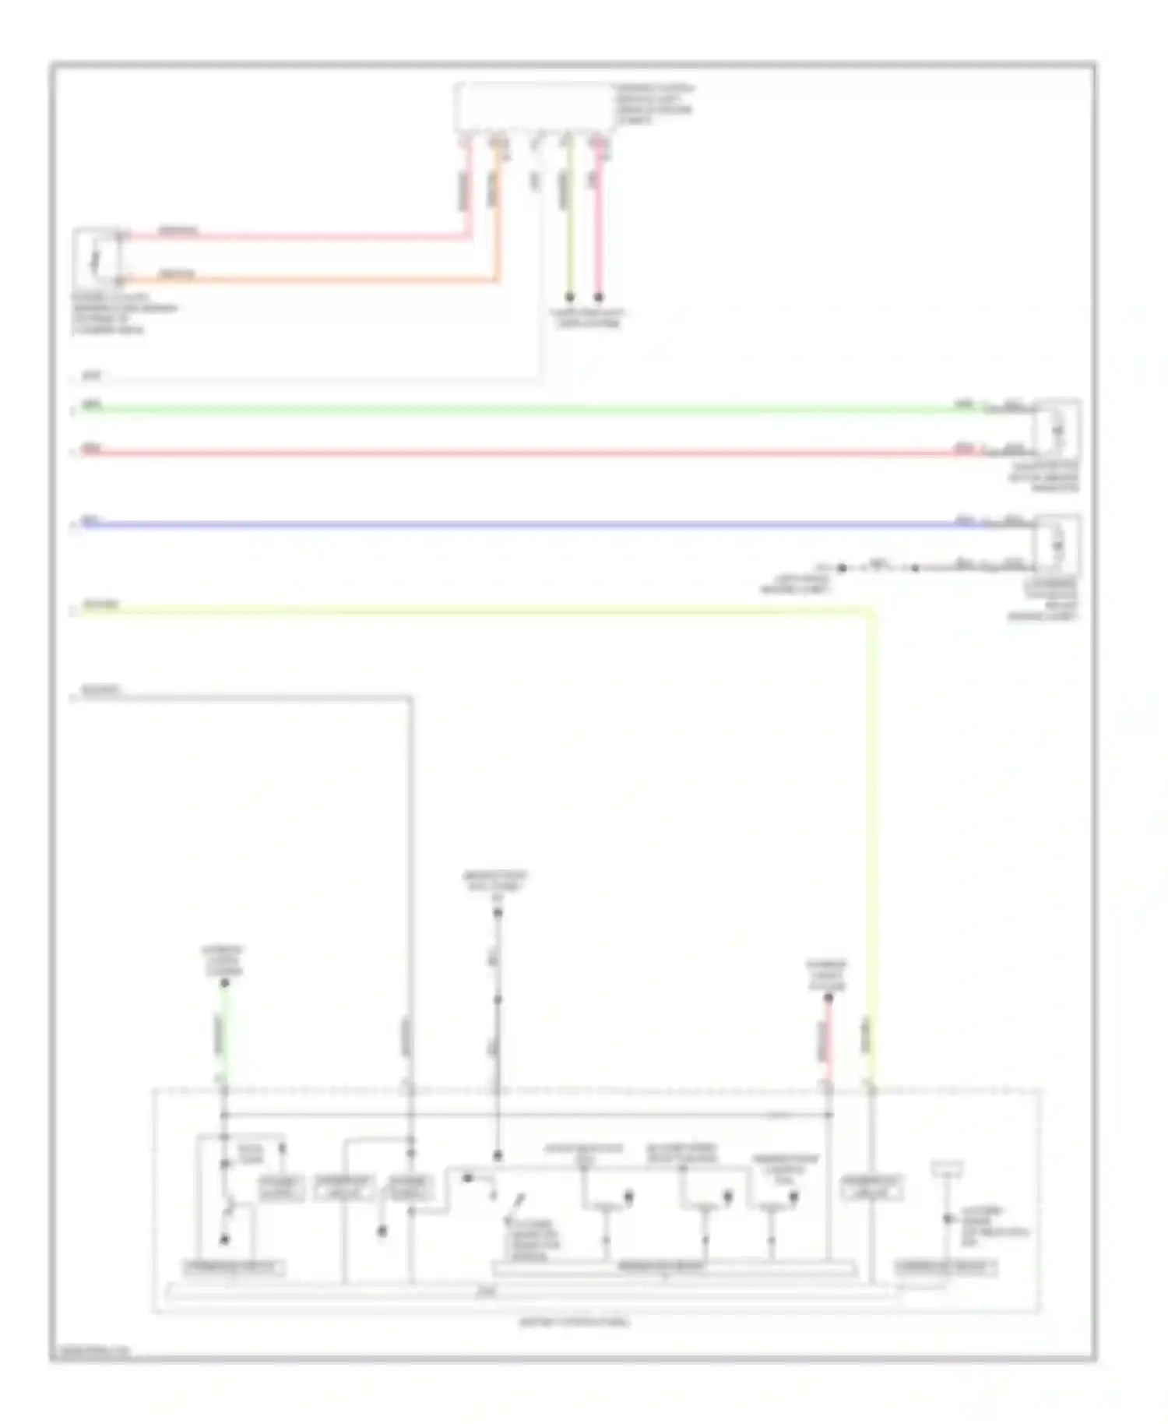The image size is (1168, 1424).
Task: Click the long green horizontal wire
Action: (514, 410)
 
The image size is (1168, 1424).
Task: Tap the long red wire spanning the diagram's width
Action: (514, 453)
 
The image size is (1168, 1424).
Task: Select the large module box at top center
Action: (534, 107)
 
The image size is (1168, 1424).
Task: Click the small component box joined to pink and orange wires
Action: (97, 256)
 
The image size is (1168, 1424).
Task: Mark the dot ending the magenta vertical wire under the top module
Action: (599, 297)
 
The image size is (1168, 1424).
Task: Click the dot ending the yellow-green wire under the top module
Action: (569, 297)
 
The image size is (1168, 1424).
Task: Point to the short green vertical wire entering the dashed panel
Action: (224, 1036)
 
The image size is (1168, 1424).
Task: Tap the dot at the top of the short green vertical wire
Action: (224, 984)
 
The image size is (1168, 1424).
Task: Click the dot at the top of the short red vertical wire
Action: (829, 998)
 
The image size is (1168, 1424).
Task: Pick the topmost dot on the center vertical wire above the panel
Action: (498, 912)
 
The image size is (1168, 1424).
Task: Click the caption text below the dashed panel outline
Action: (575, 1322)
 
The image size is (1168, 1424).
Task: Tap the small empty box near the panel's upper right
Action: (947, 1168)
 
